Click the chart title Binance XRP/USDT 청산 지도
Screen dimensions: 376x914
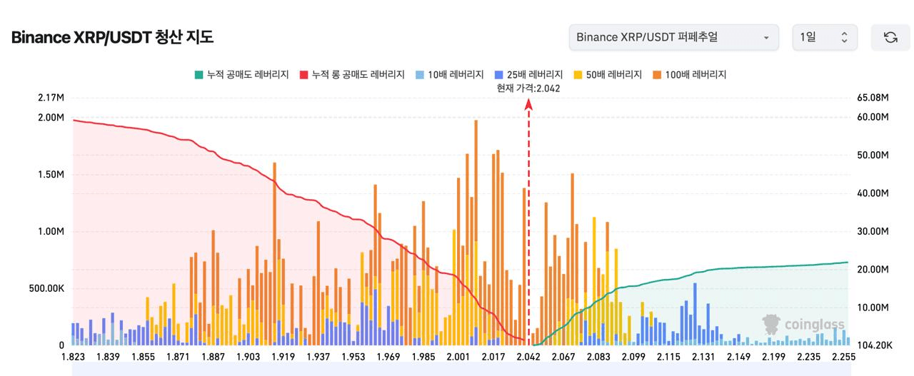pos(112,37)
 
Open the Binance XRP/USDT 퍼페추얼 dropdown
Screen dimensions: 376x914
pos(673,37)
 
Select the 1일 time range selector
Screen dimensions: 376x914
pos(825,37)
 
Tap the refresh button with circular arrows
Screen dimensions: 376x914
pos(890,37)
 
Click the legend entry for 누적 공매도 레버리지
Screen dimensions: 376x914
pos(241,74)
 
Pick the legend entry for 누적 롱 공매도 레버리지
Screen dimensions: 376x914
pos(352,74)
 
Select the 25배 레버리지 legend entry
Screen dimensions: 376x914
pos(528,74)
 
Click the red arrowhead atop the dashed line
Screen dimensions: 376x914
pos(528,104)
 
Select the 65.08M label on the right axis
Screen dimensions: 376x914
pos(872,97)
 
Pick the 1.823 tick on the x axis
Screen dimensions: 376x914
pos(73,357)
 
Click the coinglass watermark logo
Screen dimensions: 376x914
pos(803,325)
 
